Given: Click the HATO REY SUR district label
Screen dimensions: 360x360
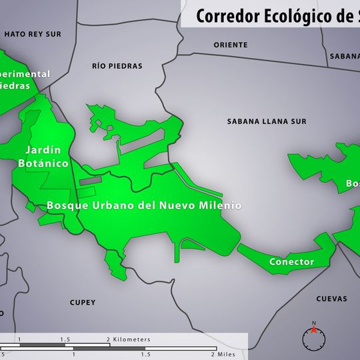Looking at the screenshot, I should [32, 33].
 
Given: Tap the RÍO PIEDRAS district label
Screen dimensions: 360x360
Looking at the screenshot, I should [117, 66].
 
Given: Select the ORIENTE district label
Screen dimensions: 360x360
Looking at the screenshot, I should [231, 45].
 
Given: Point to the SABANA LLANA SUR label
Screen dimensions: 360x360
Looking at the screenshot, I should [267, 121].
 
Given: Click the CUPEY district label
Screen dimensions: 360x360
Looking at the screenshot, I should [83, 303].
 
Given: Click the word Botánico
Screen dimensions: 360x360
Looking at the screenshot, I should [43, 163].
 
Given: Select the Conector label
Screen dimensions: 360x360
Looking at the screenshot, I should [291, 262].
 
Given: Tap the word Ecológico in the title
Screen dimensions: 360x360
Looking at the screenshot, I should [293, 16].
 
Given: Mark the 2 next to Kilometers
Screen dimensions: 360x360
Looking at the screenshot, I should [108, 339].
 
